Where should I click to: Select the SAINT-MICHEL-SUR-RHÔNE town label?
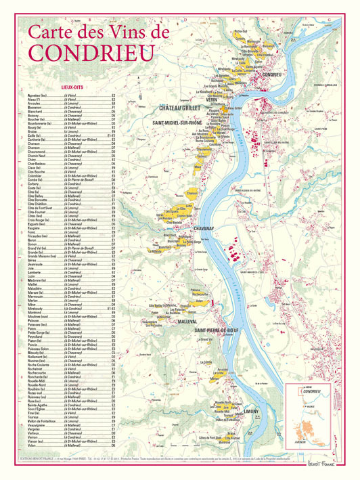click(181, 123)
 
